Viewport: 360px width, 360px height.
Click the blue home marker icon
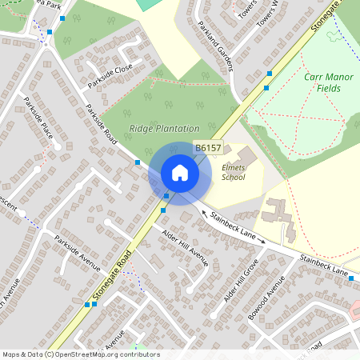pyautogui.click(x=179, y=172)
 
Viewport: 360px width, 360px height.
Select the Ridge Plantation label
pyautogui.click(x=164, y=128)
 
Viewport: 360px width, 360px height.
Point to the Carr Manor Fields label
pyautogui.click(x=332, y=82)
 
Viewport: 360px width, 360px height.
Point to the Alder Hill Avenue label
pyautogui.click(x=185, y=247)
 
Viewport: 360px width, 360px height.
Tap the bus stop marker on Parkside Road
pyautogui.click(x=138, y=162)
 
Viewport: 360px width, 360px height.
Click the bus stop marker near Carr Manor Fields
pyautogui.click(x=269, y=74)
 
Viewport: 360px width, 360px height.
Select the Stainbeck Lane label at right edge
pyautogui.click(x=324, y=265)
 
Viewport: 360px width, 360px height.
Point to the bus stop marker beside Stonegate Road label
pyautogui.click(x=86, y=304)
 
